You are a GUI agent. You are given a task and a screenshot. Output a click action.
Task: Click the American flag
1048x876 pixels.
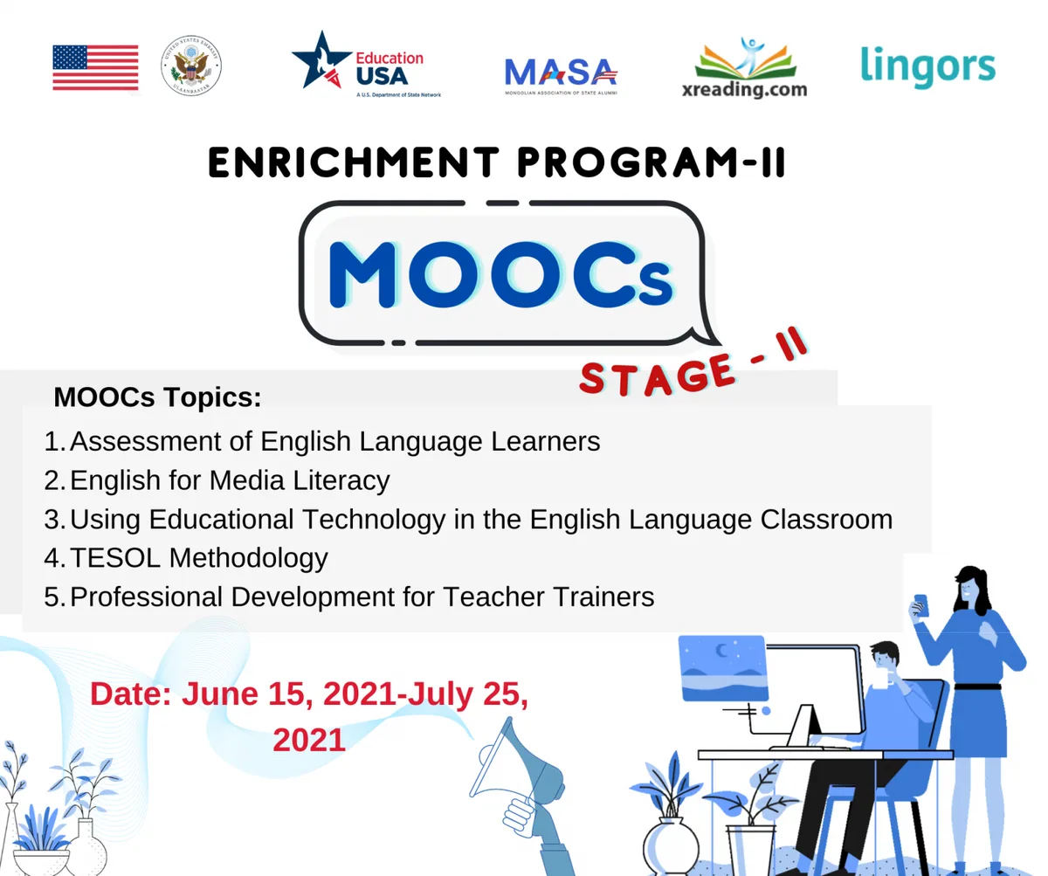coord(95,67)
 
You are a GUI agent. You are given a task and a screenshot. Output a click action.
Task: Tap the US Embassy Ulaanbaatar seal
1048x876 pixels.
coord(190,66)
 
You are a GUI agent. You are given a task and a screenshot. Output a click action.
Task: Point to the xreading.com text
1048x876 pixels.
coord(744,89)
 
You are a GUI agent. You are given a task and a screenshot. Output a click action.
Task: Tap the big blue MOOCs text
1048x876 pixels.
coord(501,274)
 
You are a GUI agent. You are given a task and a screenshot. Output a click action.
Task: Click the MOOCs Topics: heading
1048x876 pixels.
coord(157,397)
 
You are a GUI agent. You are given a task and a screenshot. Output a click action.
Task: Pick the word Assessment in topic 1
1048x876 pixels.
coord(146,441)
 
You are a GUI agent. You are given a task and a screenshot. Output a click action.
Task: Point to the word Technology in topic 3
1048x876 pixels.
coord(374,519)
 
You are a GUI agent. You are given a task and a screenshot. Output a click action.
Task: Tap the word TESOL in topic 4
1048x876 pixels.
coord(115,558)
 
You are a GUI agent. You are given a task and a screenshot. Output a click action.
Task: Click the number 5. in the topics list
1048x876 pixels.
coord(55,597)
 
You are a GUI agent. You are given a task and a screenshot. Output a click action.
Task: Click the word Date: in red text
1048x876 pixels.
coord(131,694)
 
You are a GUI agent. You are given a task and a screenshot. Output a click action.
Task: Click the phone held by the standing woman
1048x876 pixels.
coord(921,605)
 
